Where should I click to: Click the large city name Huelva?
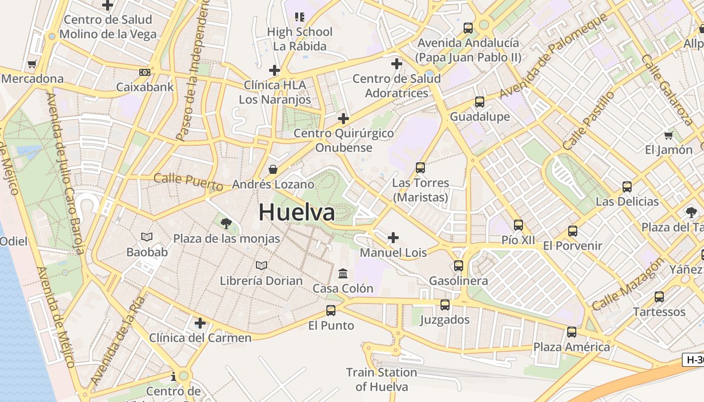[x=297, y=212]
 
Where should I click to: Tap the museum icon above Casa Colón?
[x=343, y=274]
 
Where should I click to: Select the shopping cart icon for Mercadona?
[x=32, y=64]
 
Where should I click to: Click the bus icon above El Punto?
[x=330, y=311]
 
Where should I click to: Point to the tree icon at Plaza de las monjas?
[x=226, y=223]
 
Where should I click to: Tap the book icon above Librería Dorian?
[x=261, y=265]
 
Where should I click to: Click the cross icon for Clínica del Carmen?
[x=200, y=323]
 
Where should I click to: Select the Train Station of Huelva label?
[x=382, y=379]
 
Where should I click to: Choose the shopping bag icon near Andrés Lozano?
[x=273, y=169]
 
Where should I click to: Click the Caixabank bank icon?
[x=145, y=72]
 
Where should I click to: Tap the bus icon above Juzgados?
[x=445, y=305]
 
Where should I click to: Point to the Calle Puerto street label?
[x=188, y=181]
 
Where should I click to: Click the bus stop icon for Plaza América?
[x=572, y=332]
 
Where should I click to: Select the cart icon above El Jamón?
[x=668, y=135]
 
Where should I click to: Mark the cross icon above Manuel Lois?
[x=393, y=237]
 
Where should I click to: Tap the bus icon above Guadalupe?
[x=480, y=102]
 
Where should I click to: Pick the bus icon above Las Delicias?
[x=627, y=187]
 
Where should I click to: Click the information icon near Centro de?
[x=173, y=376]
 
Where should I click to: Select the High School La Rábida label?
[x=300, y=39]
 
